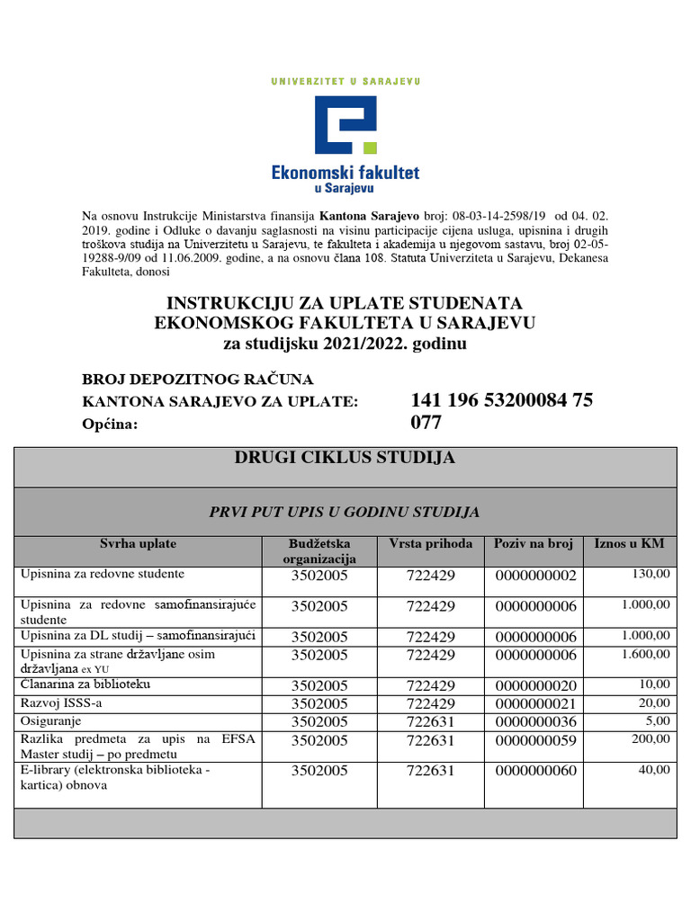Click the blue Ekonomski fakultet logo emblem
point(345,124)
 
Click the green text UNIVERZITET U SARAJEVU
point(345,81)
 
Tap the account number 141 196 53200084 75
point(501,400)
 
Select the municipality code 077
point(426,423)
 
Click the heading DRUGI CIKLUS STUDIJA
point(345,458)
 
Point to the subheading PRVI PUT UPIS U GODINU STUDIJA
point(345,512)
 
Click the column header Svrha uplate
point(138,544)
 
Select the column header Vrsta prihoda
point(430,544)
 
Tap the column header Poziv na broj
point(534,544)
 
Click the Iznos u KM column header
point(629,544)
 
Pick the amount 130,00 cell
point(651,573)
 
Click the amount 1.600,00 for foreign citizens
point(645,654)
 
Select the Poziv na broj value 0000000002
point(534,576)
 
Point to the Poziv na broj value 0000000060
point(534,771)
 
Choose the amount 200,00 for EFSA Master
point(651,738)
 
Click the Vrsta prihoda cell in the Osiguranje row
point(430,721)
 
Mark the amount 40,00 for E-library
point(654,770)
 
